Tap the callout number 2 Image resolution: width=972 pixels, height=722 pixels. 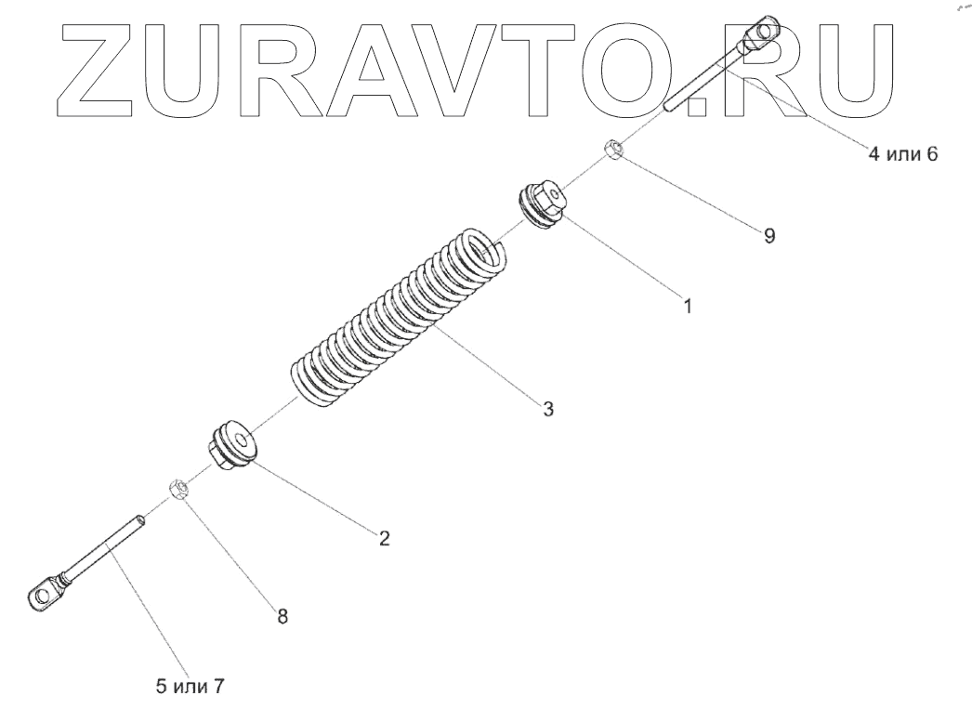point(384,538)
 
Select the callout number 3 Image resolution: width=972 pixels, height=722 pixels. point(549,409)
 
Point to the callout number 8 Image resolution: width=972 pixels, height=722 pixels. point(282,614)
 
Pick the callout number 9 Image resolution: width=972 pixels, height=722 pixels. point(769,236)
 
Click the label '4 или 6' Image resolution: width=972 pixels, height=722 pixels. point(903,155)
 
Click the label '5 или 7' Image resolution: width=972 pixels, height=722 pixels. point(190,688)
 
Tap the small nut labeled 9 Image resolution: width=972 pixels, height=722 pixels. point(614,149)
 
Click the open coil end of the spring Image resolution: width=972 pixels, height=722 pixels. point(484,248)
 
